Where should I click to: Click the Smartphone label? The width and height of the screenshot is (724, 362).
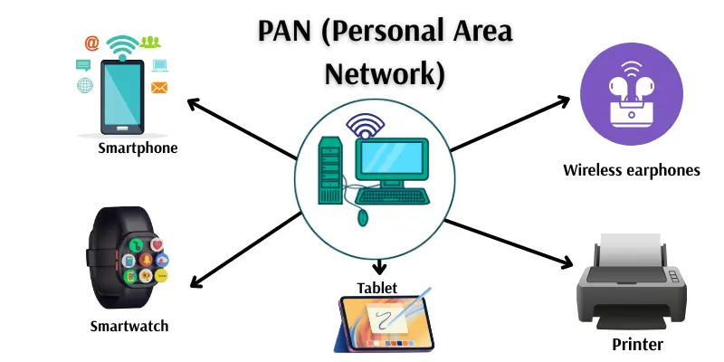click(138, 148)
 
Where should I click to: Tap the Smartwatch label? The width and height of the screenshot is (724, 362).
click(129, 326)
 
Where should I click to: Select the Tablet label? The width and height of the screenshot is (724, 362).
click(376, 288)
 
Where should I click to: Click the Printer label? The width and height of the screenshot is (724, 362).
click(637, 344)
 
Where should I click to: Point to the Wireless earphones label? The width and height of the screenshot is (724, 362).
click(632, 169)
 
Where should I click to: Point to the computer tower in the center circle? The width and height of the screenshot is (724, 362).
click(330, 167)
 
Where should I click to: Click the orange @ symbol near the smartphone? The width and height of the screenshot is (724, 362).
click(91, 43)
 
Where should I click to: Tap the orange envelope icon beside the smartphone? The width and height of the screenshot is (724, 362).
click(160, 88)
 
